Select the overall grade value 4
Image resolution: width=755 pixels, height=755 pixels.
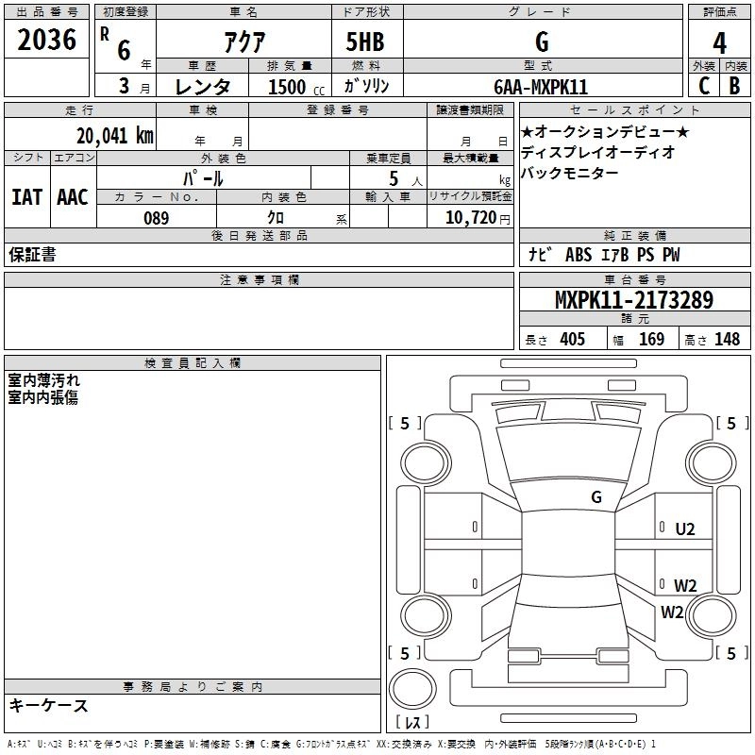coord(719,42)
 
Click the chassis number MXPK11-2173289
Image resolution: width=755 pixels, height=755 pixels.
coord(633,301)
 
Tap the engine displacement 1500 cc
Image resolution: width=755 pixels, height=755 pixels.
coord(287,87)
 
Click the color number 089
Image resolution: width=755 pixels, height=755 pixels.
coord(156,218)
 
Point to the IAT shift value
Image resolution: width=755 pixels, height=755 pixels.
coord(26,197)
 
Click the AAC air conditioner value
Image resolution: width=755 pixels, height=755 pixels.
coord(72,197)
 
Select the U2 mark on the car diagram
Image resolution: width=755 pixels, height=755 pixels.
coord(685,529)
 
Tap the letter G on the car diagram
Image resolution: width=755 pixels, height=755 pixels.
coord(596,496)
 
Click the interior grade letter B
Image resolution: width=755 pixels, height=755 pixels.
coord(734,86)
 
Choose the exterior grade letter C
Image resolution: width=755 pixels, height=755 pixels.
coord(703,86)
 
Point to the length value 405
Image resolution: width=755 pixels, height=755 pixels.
coord(572,340)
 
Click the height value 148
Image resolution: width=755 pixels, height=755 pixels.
coord(727,340)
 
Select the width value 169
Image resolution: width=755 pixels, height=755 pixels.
coord(651,340)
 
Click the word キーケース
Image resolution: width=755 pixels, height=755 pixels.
coord(49,706)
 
